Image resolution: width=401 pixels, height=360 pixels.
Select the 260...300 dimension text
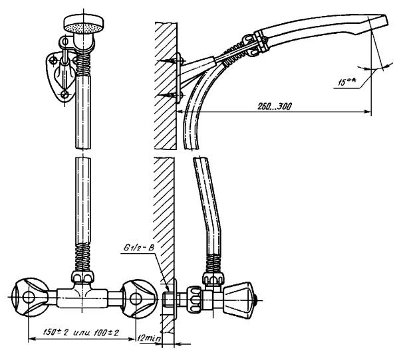[274, 106]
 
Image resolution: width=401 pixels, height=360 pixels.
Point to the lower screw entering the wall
[169, 96]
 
